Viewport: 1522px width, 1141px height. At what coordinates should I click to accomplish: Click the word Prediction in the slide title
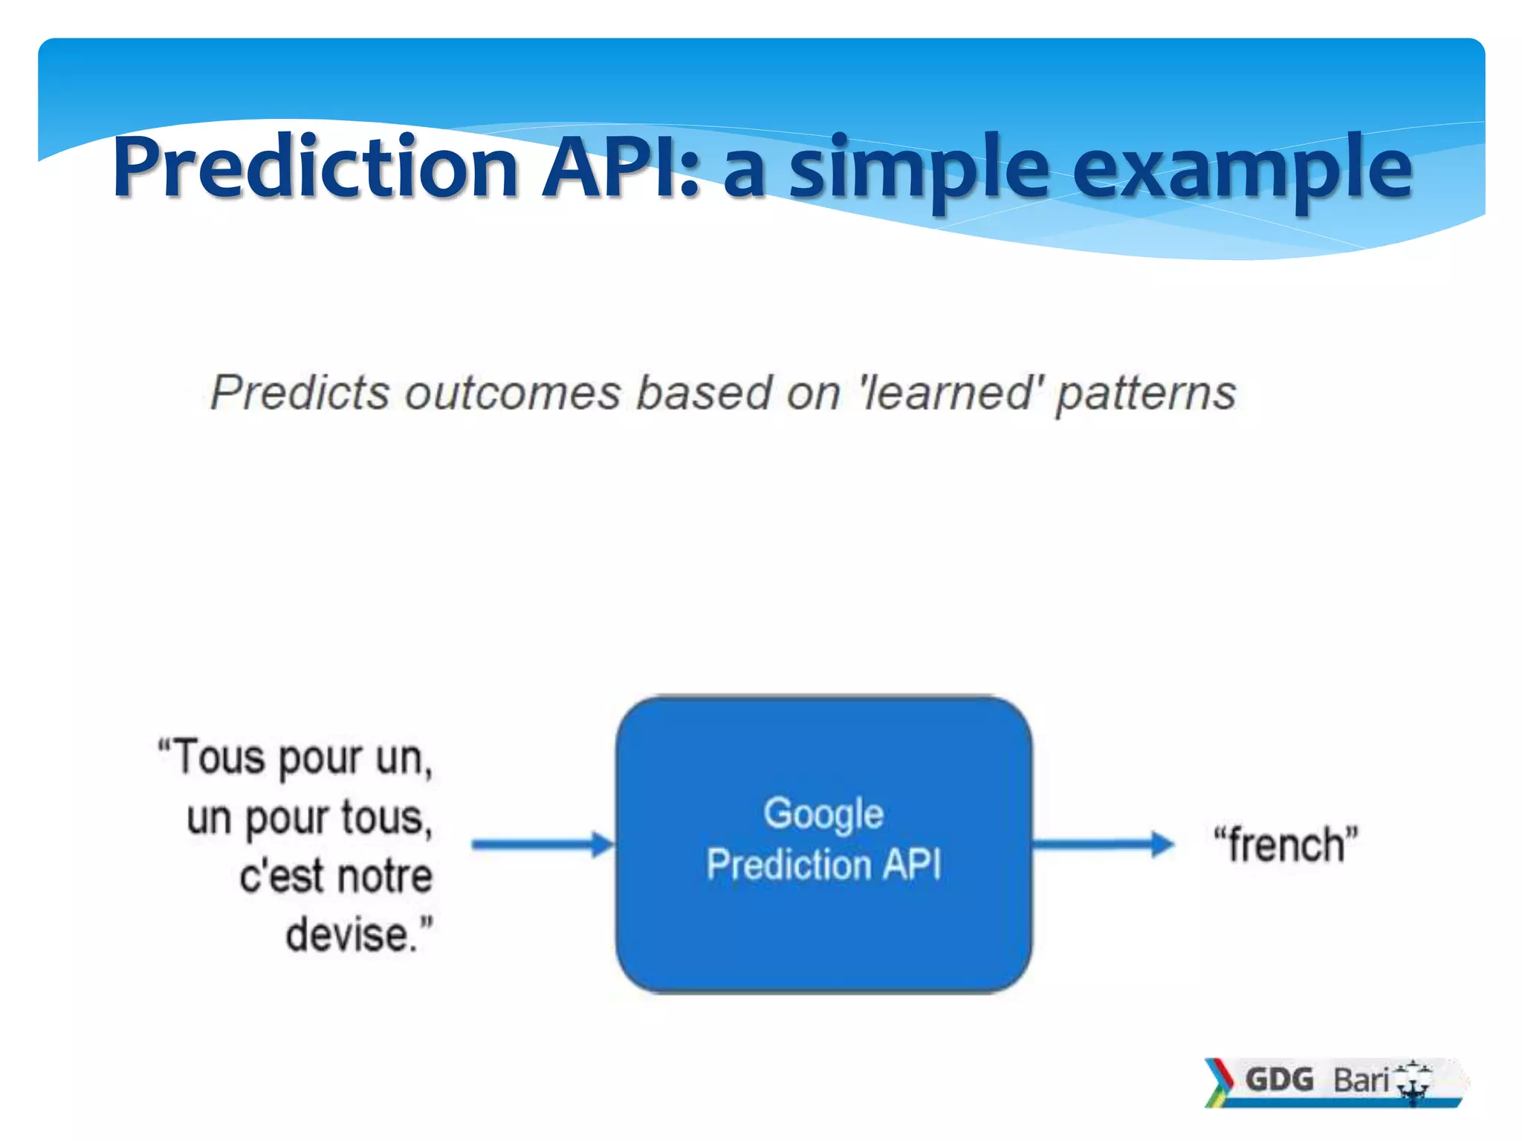tap(315, 169)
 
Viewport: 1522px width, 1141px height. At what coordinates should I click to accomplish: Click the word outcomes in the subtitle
tap(513, 392)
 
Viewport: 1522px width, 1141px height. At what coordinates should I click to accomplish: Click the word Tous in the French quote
tap(219, 758)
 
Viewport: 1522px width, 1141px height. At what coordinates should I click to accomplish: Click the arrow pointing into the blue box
tap(543, 845)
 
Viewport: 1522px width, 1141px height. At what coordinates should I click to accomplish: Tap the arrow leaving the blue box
tap(1103, 845)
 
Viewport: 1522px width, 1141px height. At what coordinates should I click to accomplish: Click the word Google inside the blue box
tap(823, 814)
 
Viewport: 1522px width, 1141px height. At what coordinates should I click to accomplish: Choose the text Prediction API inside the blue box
tap(823, 865)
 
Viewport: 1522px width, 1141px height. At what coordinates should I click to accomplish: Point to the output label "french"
tap(1286, 845)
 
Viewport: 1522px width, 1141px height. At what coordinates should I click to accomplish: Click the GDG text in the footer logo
tap(1279, 1079)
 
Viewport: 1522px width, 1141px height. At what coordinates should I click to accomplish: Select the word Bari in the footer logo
tap(1360, 1080)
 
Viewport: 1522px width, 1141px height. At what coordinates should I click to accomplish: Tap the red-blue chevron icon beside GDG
tap(1218, 1082)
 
